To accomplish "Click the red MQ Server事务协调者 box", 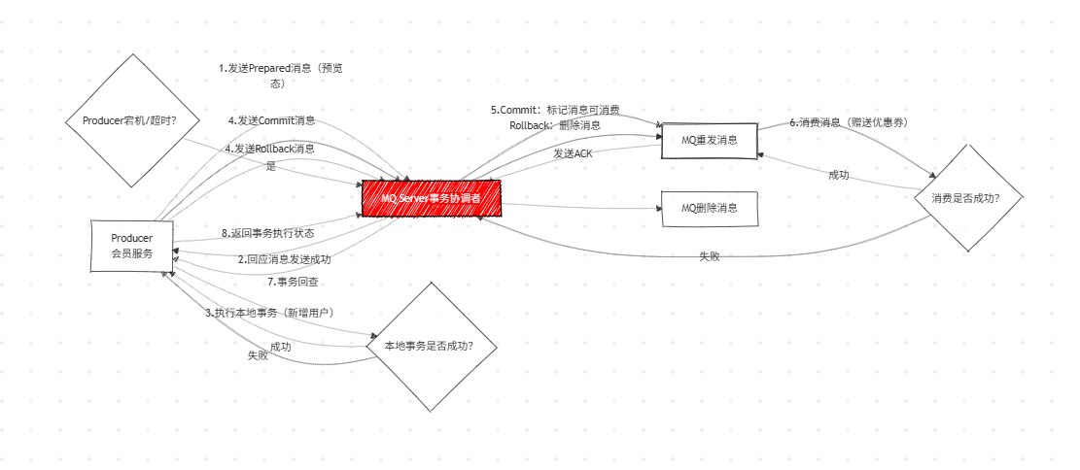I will (431, 197).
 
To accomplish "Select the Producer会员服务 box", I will (132, 246).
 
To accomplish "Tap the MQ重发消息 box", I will (709, 141).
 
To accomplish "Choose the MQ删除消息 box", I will (709, 209).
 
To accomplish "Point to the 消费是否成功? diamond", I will (970, 197).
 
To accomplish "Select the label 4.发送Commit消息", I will (271, 120).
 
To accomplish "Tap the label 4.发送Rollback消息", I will (270, 149).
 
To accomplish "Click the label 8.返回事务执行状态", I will (267, 233).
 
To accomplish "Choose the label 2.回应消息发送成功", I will (284, 259).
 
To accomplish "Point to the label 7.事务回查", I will (293, 282).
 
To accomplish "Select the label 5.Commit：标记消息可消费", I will (555, 110).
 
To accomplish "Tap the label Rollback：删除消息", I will (554, 125).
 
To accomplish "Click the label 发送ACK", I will (573, 153).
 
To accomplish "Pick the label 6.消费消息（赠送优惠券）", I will (848, 122).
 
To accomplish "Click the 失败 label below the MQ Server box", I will (709, 256).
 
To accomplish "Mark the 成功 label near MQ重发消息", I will (839, 175).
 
